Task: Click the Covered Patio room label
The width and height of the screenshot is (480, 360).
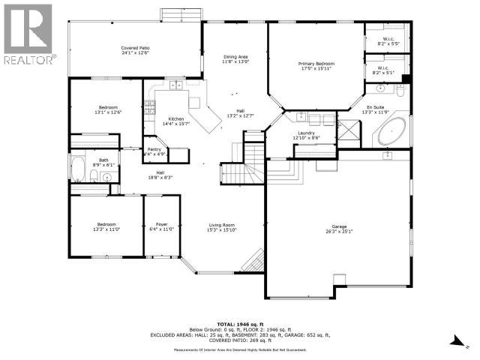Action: click(136, 49)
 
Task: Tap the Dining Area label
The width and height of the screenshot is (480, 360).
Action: click(235, 60)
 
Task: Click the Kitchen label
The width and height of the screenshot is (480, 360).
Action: click(176, 121)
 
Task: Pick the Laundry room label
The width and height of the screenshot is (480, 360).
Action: click(305, 135)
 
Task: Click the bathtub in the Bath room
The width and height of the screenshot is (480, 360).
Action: click(78, 169)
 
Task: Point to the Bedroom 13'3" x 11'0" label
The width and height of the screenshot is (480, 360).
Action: click(106, 227)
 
